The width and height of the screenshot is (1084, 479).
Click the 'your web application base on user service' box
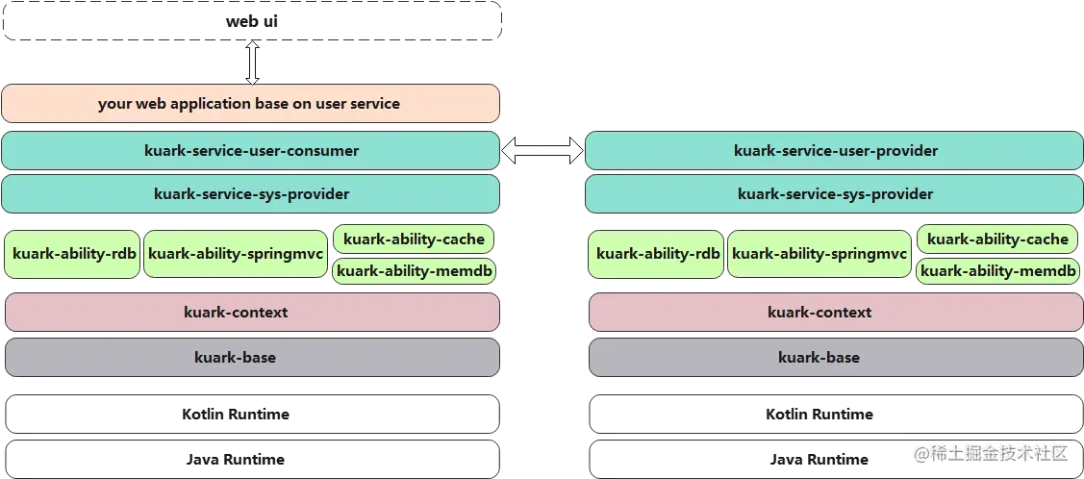(250, 104)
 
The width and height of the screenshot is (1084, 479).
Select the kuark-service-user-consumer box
(250, 151)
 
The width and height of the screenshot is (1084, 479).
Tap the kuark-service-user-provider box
(834, 151)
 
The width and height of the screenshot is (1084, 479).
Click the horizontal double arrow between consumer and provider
(542, 151)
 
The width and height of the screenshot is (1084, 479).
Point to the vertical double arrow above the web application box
(252, 63)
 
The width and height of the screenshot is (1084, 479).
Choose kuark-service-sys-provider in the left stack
(250, 194)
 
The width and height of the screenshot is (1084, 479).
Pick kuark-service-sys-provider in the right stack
(834, 194)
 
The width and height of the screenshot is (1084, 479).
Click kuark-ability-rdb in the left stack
(73, 255)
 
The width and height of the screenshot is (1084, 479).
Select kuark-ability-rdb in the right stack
(657, 255)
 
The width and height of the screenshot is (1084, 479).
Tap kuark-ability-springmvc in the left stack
(235, 255)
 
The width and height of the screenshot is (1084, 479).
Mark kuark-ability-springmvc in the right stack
(819, 255)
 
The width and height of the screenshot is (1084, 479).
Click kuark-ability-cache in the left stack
(414, 239)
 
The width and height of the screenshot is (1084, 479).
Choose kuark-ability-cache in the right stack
(997, 239)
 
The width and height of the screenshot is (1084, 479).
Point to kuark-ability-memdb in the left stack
(414, 271)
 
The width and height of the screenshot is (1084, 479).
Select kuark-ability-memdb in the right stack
(997, 271)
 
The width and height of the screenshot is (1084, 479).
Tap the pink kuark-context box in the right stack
(834, 313)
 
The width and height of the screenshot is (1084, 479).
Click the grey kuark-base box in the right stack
(834, 358)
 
